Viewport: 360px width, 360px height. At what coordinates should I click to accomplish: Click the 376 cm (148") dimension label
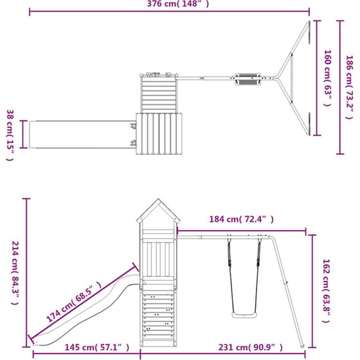pyautogui.click(x=178, y=4)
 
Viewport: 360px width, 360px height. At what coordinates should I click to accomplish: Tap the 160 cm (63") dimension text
pyautogui.click(x=328, y=78)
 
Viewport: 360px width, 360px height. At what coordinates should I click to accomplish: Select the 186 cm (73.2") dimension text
pyautogui.click(x=350, y=87)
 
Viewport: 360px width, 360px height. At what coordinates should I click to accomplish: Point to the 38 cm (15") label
pyautogui.click(x=10, y=135)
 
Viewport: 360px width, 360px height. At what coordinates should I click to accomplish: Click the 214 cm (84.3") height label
pyautogui.click(x=15, y=273)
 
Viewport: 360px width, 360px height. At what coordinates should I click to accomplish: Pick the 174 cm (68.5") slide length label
pyautogui.click(x=73, y=301)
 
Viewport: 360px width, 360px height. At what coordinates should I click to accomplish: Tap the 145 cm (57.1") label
pyautogui.click(x=96, y=347)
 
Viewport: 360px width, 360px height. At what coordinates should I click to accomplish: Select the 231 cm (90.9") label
pyautogui.click(x=250, y=347)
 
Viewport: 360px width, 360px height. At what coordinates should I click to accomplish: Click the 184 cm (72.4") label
pyautogui.click(x=241, y=219)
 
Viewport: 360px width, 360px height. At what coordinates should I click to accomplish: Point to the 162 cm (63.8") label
pyautogui.click(x=327, y=291)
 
